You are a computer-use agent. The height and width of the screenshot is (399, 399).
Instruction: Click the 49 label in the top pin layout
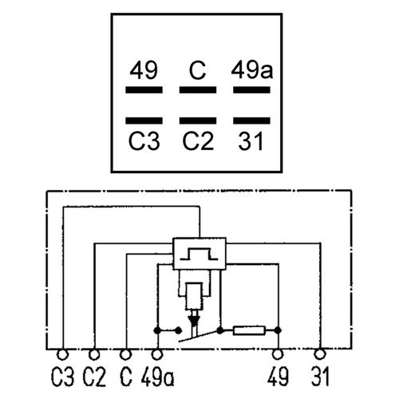144,70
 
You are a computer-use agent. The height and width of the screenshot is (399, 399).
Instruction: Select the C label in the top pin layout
197,70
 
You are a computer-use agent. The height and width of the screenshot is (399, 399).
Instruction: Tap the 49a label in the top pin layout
252,70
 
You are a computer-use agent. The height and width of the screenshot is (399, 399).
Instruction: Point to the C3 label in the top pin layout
144,141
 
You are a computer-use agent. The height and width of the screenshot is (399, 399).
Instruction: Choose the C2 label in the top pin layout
198,141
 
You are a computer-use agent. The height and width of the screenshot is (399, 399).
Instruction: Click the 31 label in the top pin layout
251,141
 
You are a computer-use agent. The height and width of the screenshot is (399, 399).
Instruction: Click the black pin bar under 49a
251,90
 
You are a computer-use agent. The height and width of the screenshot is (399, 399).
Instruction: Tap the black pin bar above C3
144,120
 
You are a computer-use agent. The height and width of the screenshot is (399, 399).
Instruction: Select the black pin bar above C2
198,120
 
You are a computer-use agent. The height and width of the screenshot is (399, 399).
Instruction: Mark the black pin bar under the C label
198,90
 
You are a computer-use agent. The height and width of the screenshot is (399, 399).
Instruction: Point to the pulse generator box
199,254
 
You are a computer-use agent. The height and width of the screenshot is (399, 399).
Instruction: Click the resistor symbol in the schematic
249,330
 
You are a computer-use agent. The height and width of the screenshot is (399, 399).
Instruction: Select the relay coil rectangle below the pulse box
194,297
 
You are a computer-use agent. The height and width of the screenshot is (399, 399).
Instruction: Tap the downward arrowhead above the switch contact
194,321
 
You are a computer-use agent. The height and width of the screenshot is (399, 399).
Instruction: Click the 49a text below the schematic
157,377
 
